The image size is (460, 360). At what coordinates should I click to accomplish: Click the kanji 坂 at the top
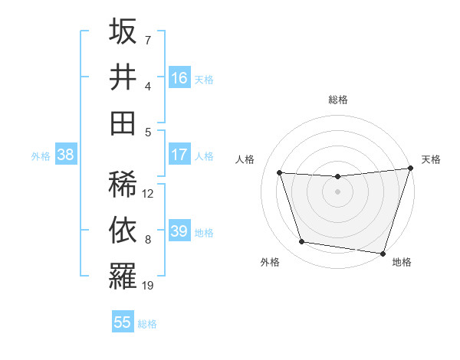pyautogui.click(x=123, y=33)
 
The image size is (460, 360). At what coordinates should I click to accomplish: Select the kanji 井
pyautogui.click(x=123, y=77)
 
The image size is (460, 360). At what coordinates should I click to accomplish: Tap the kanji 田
pyautogui.click(x=123, y=122)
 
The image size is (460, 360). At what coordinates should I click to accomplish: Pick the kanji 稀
pyautogui.click(x=123, y=184)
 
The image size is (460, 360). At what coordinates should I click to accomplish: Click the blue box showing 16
pyautogui.click(x=179, y=78)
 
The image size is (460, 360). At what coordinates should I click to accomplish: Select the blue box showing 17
pyautogui.click(x=179, y=155)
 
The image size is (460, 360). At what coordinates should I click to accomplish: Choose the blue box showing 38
pyautogui.click(x=65, y=155)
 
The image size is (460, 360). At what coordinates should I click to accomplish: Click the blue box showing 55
pyautogui.click(x=123, y=322)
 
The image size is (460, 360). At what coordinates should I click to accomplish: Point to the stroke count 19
pyautogui.click(x=149, y=286)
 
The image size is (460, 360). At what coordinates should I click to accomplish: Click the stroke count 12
pyautogui.click(x=149, y=194)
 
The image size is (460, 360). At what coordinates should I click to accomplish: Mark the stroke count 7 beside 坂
pyautogui.click(x=148, y=40)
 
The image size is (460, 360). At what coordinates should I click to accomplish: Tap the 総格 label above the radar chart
pyautogui.click(x=337, y=100)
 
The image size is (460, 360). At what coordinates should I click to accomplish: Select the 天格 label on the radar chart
pyautogui.click(x=431, y=159)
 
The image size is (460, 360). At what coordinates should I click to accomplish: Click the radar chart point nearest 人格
pyautogui.click(x=280, y=172)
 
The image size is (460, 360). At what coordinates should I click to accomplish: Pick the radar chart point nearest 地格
pyautogui.click(x=383, y=253)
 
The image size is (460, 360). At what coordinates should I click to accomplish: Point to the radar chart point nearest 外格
pyautogui.click(x=302, y=242)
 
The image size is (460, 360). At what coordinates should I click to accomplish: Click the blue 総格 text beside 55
pyautogui.click(x=147, y=323)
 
